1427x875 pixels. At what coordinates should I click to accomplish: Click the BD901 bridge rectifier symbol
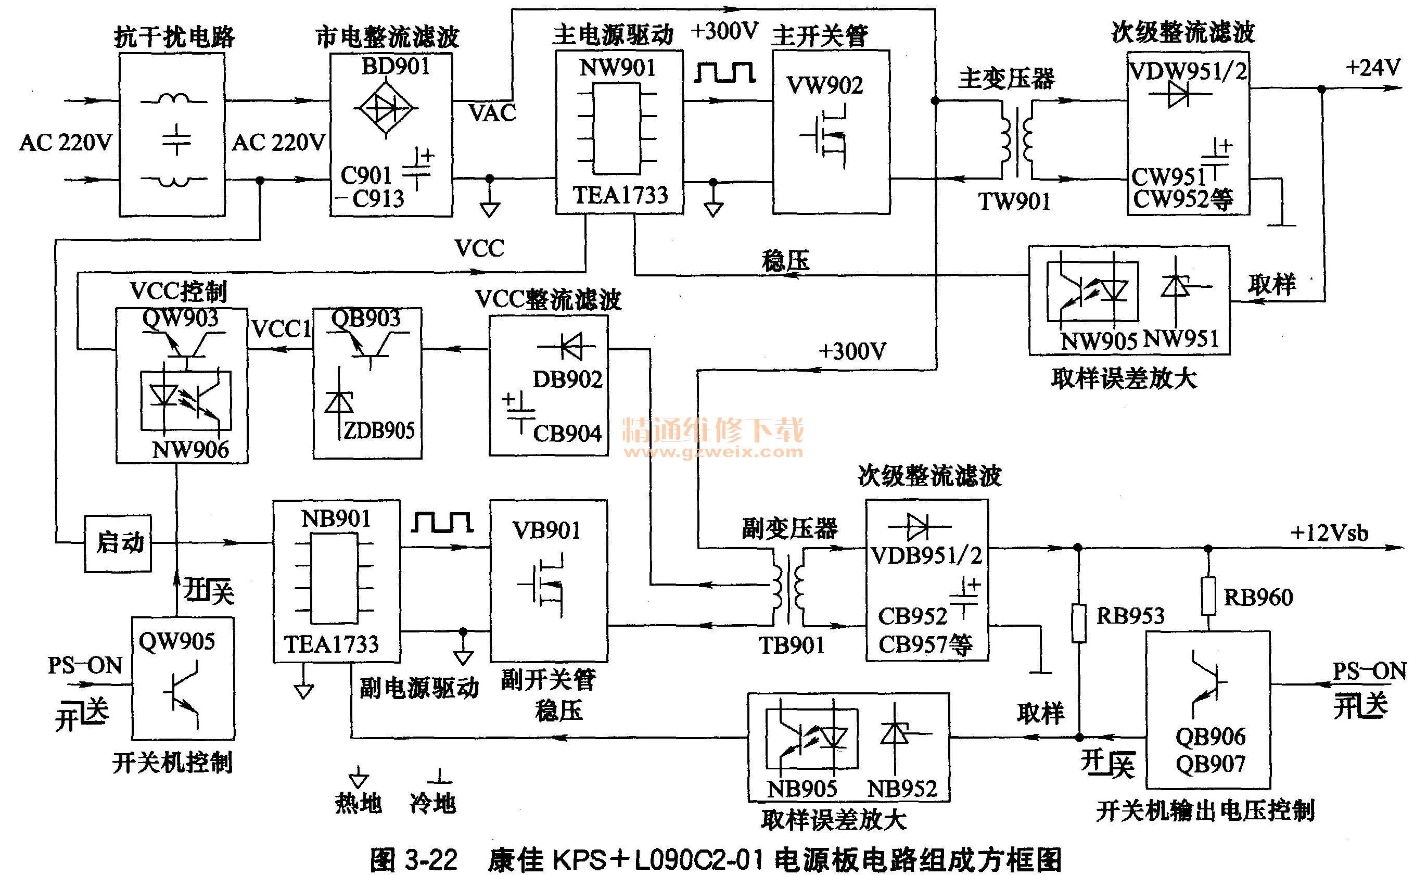coord(386,108)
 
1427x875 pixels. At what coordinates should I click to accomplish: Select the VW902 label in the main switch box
coord(825,86)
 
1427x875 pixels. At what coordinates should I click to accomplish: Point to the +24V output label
coord(1372,68)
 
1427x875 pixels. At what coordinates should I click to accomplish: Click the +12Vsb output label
coord(1330,533)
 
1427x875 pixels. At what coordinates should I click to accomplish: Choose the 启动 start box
coord(118,543)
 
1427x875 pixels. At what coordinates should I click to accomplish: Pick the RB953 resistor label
coord(1130,616)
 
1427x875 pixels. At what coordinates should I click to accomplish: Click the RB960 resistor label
coord(1258,597)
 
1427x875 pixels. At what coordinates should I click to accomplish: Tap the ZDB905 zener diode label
coord(379,430)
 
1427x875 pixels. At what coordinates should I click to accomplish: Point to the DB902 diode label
coord(568,379)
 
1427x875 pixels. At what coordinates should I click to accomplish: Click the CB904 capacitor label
coord(567,433)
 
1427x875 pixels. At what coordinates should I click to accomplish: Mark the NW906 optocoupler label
coord(190,449)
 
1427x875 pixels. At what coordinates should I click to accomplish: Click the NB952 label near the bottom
coord(902,788)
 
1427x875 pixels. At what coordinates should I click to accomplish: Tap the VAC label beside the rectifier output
coord(492,113)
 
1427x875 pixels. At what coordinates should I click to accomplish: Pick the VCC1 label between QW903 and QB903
coord(282,329)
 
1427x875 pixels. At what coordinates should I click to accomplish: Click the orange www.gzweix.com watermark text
coord(713,452)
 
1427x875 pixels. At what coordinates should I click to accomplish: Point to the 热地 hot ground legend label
coord(359,803)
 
